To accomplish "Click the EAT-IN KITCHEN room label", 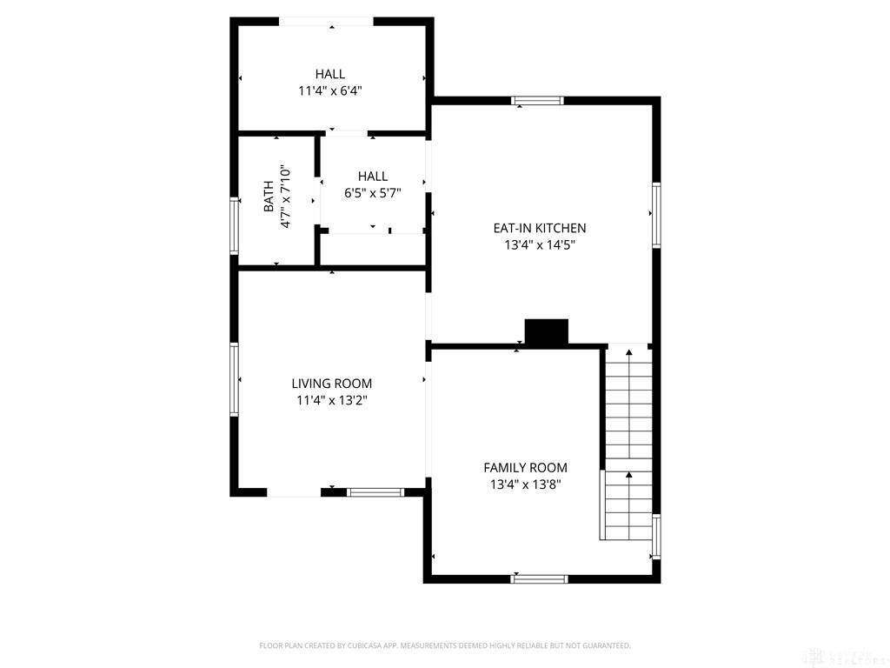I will [540, 228].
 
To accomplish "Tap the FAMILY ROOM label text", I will [525, 468].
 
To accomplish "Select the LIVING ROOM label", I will [331, 384].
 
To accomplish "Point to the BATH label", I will [269, 196].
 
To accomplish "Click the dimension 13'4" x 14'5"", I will [540, 245].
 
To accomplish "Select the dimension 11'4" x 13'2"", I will [331, 401].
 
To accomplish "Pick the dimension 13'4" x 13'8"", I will [525, 485].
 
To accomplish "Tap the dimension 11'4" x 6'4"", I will [329, 90].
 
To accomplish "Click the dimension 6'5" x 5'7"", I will [372, 193].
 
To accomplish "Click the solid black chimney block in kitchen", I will [546, 332].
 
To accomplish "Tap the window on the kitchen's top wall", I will [537, 101].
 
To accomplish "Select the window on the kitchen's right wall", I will [656, 216].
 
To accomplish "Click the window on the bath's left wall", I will [234, 225].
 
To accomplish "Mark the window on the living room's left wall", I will [234, 379].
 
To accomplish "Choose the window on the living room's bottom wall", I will [375, 492].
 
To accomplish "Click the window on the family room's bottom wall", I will [539, 578].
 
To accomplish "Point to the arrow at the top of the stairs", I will [629, 353].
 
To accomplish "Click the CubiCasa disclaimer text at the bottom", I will [445, 645].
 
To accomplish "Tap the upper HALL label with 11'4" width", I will [329, 75].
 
